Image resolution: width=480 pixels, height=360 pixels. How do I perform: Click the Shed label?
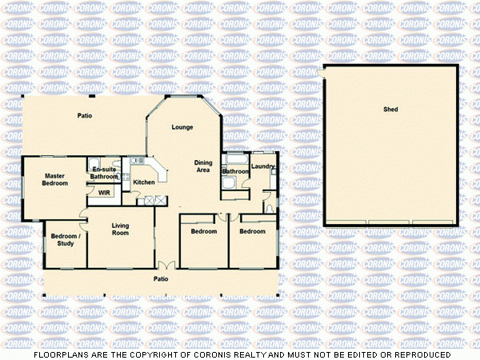pos(390,109)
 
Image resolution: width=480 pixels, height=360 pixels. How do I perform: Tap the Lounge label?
pos(182,127)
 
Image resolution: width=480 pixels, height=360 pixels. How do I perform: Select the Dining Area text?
pos(203,166)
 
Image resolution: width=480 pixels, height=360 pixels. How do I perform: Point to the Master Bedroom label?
pos(54,179)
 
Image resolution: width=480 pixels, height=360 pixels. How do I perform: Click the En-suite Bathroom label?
pos(104,173)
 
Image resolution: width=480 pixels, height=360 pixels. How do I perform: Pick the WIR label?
pos(104,192)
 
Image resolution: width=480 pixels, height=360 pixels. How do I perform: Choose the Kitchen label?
pos(144,182)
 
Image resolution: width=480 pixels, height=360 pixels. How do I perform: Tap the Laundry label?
pos(262,166)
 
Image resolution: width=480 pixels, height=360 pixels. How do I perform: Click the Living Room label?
pos(120,229)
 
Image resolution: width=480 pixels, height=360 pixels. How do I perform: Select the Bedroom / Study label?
pos(64,239)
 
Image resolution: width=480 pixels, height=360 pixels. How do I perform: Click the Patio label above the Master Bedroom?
pos(84,116)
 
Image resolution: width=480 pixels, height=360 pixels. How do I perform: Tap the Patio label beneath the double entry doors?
pos(161,278)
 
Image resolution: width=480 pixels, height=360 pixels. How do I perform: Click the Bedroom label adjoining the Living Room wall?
pos(203,231)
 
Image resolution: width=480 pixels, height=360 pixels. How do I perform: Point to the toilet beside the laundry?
pos(270,209)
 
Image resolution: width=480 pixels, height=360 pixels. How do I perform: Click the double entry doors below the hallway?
pos(164,266)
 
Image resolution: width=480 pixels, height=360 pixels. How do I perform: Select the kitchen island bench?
pos(158,171)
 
